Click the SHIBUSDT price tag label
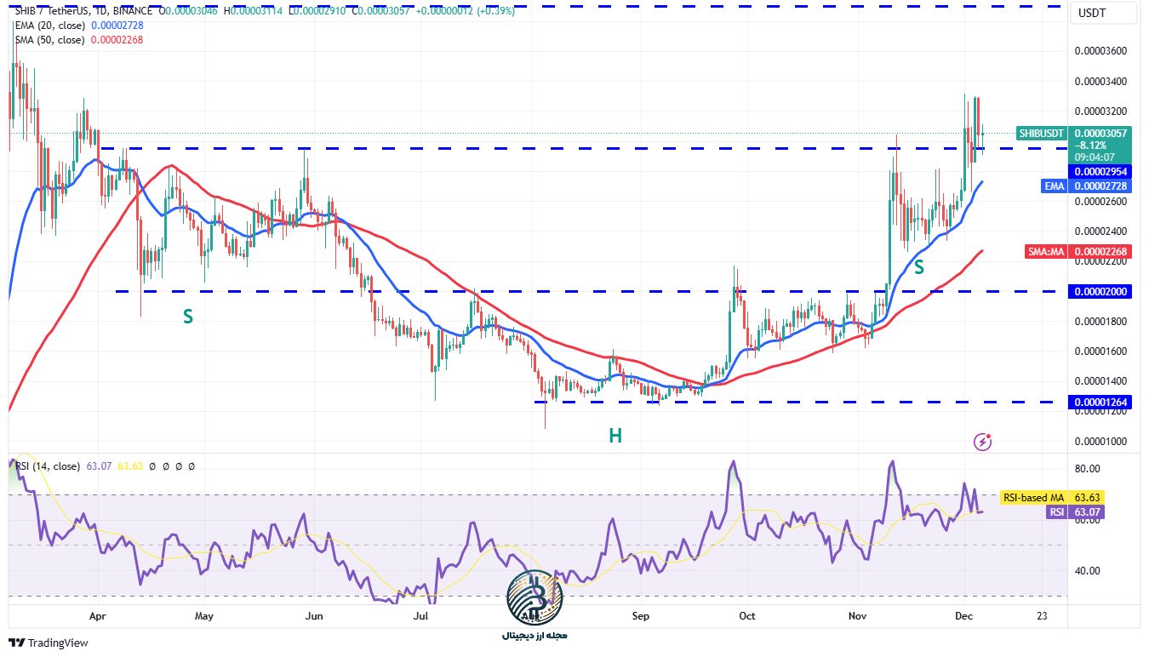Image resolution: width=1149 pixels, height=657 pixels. click(x=1042, y=134)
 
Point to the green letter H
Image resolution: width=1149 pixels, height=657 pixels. click(x=615, y=436)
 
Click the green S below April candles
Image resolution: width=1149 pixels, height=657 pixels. click(x=188, y=317)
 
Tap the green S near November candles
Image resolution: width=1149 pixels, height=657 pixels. click(x=919, y=266)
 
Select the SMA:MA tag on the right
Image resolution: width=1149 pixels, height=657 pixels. click(x=1045, y=251)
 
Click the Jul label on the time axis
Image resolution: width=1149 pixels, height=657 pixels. click(x=420, y=614)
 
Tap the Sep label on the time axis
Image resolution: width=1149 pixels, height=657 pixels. click(x=641, y=614)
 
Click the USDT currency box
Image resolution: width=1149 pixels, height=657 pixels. click(x=1092, y=13)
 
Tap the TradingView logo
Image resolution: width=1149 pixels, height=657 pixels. click(x=49, y=643)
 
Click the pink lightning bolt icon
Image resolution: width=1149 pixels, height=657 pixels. click(x=983, y=441)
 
